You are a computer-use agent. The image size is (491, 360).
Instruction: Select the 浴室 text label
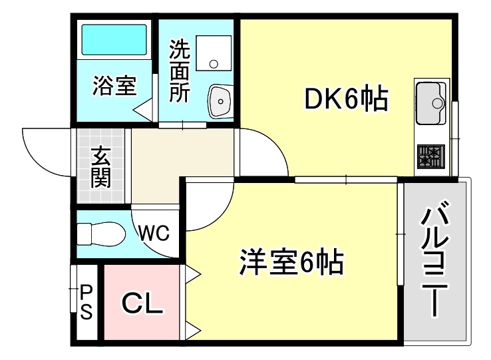point(114,86)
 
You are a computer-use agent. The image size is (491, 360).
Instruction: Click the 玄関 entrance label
point(100,168)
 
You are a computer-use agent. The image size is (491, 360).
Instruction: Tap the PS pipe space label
point(86,302)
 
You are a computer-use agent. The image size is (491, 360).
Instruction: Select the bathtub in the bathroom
point(114,41)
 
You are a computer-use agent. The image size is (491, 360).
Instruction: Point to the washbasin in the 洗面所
point(220,100)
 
